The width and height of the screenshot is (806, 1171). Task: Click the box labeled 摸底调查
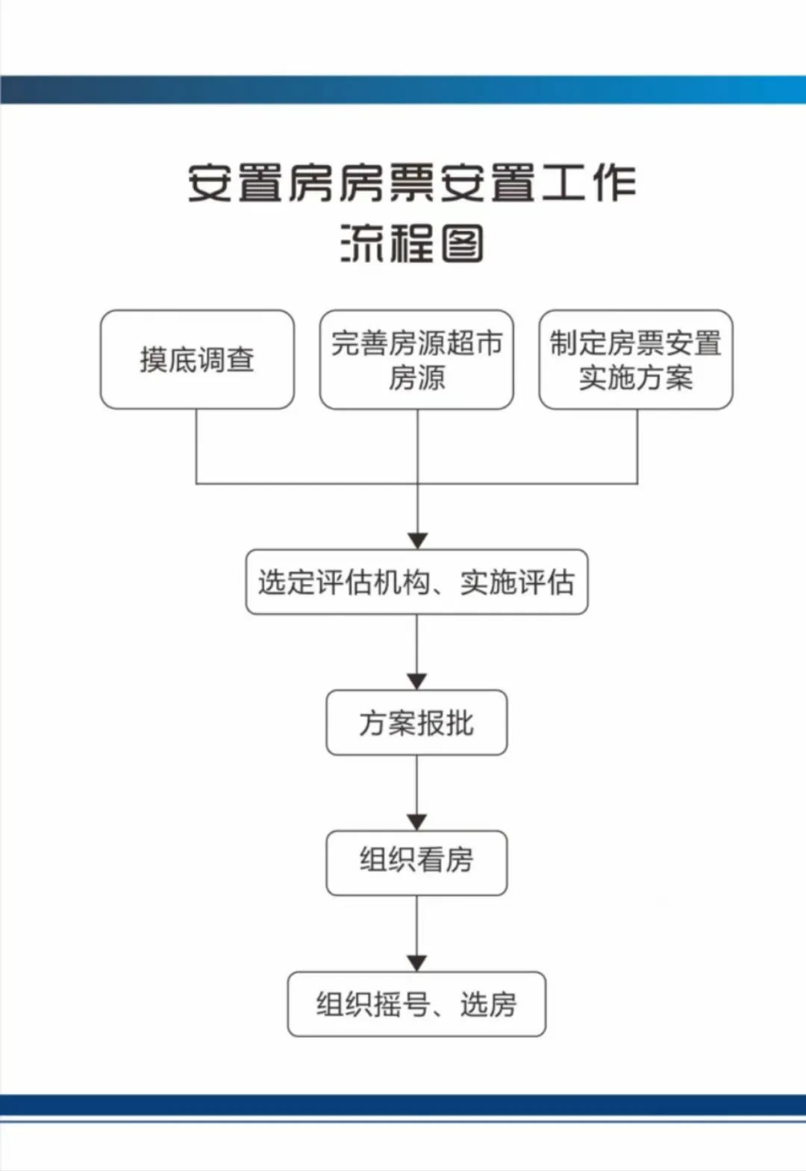[x=197, y=359]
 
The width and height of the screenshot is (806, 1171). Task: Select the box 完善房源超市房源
[x=416, y=359]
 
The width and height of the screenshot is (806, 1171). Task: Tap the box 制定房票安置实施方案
[x=636, y=359]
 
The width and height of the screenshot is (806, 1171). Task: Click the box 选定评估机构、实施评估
[x=416, y=582]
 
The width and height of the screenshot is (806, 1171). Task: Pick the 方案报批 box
[x=416, y=722]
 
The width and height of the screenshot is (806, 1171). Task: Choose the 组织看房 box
[x=416, y=862]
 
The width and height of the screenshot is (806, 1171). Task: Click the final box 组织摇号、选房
[x=416, y=1003]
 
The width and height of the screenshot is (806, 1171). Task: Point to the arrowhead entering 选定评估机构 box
[x=417, y=541]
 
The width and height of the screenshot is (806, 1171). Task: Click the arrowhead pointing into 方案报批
[x=416, y=681]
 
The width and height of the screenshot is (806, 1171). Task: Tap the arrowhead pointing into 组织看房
[x=416, y=821]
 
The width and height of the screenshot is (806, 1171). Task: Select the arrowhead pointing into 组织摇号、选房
[x=416, y=963]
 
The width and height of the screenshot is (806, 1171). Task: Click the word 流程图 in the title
[x=412, y=243]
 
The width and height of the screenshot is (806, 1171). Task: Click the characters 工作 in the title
[x=589, y=183]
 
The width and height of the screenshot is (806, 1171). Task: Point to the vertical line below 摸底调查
[x=196, y=446]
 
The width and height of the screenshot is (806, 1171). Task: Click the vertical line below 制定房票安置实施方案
[x=637, y=446]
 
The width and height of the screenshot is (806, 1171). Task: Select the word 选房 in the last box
[x=488, y=1004]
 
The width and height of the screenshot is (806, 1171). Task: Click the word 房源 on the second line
[x=416, y=378]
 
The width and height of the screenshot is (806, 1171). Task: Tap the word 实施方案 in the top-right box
[x=636, y=378]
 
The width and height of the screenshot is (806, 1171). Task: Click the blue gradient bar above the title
[x=403, y=90]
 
